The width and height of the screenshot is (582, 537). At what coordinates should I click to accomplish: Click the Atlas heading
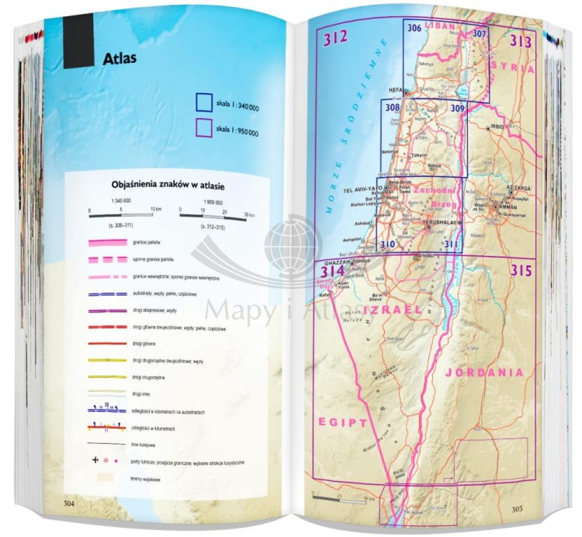coord(119,58)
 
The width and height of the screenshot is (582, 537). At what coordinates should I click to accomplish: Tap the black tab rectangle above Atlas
coord(79,43)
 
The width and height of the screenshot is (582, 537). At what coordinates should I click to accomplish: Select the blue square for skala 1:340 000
coord(204,102)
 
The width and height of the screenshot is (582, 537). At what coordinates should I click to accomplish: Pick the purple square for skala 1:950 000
coord(204,127)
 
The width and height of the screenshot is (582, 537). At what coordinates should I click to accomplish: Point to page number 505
coord(520,509)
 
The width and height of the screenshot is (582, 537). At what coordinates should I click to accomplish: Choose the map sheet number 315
coord(521,271)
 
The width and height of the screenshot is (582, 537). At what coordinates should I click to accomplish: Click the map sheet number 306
coord(414,29)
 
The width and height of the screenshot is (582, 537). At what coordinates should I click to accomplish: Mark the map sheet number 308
coord(392,108)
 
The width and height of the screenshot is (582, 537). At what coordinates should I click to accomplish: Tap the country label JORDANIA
coord(483,372)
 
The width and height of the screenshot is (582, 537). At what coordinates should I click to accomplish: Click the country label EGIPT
coord(342,422)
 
